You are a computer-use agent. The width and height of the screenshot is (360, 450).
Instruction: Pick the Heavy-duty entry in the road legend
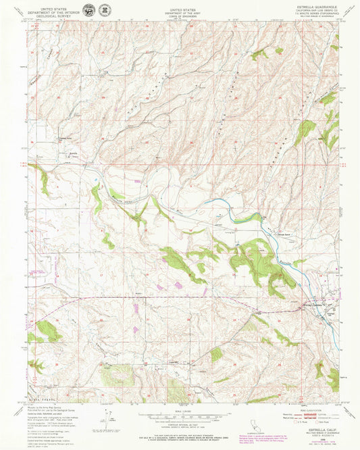[287, 415]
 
